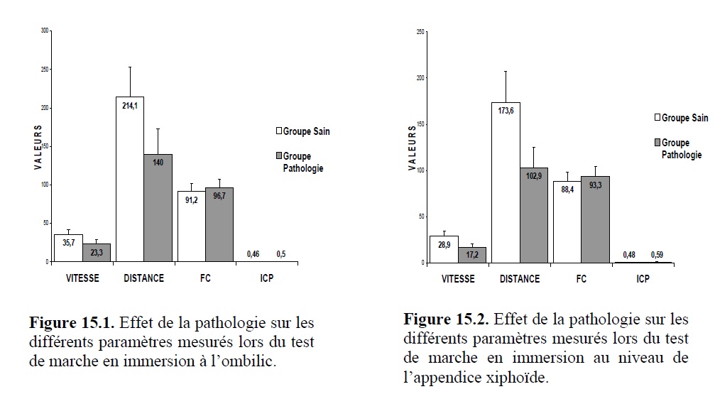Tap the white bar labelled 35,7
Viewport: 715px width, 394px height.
[68, 248]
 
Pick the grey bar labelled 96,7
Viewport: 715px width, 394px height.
[219, 224]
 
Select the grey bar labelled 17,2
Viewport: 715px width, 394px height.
[471, 255]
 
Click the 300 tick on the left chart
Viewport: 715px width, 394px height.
[45, 31]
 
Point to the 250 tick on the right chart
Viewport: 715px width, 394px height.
[420, 32]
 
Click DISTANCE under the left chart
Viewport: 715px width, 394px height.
[143, 278]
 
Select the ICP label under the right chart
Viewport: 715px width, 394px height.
[643, 279]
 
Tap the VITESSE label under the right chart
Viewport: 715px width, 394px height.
[458, 279]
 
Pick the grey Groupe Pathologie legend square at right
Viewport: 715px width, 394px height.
[657, 143]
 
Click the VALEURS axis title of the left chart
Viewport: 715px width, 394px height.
[38, 147]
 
